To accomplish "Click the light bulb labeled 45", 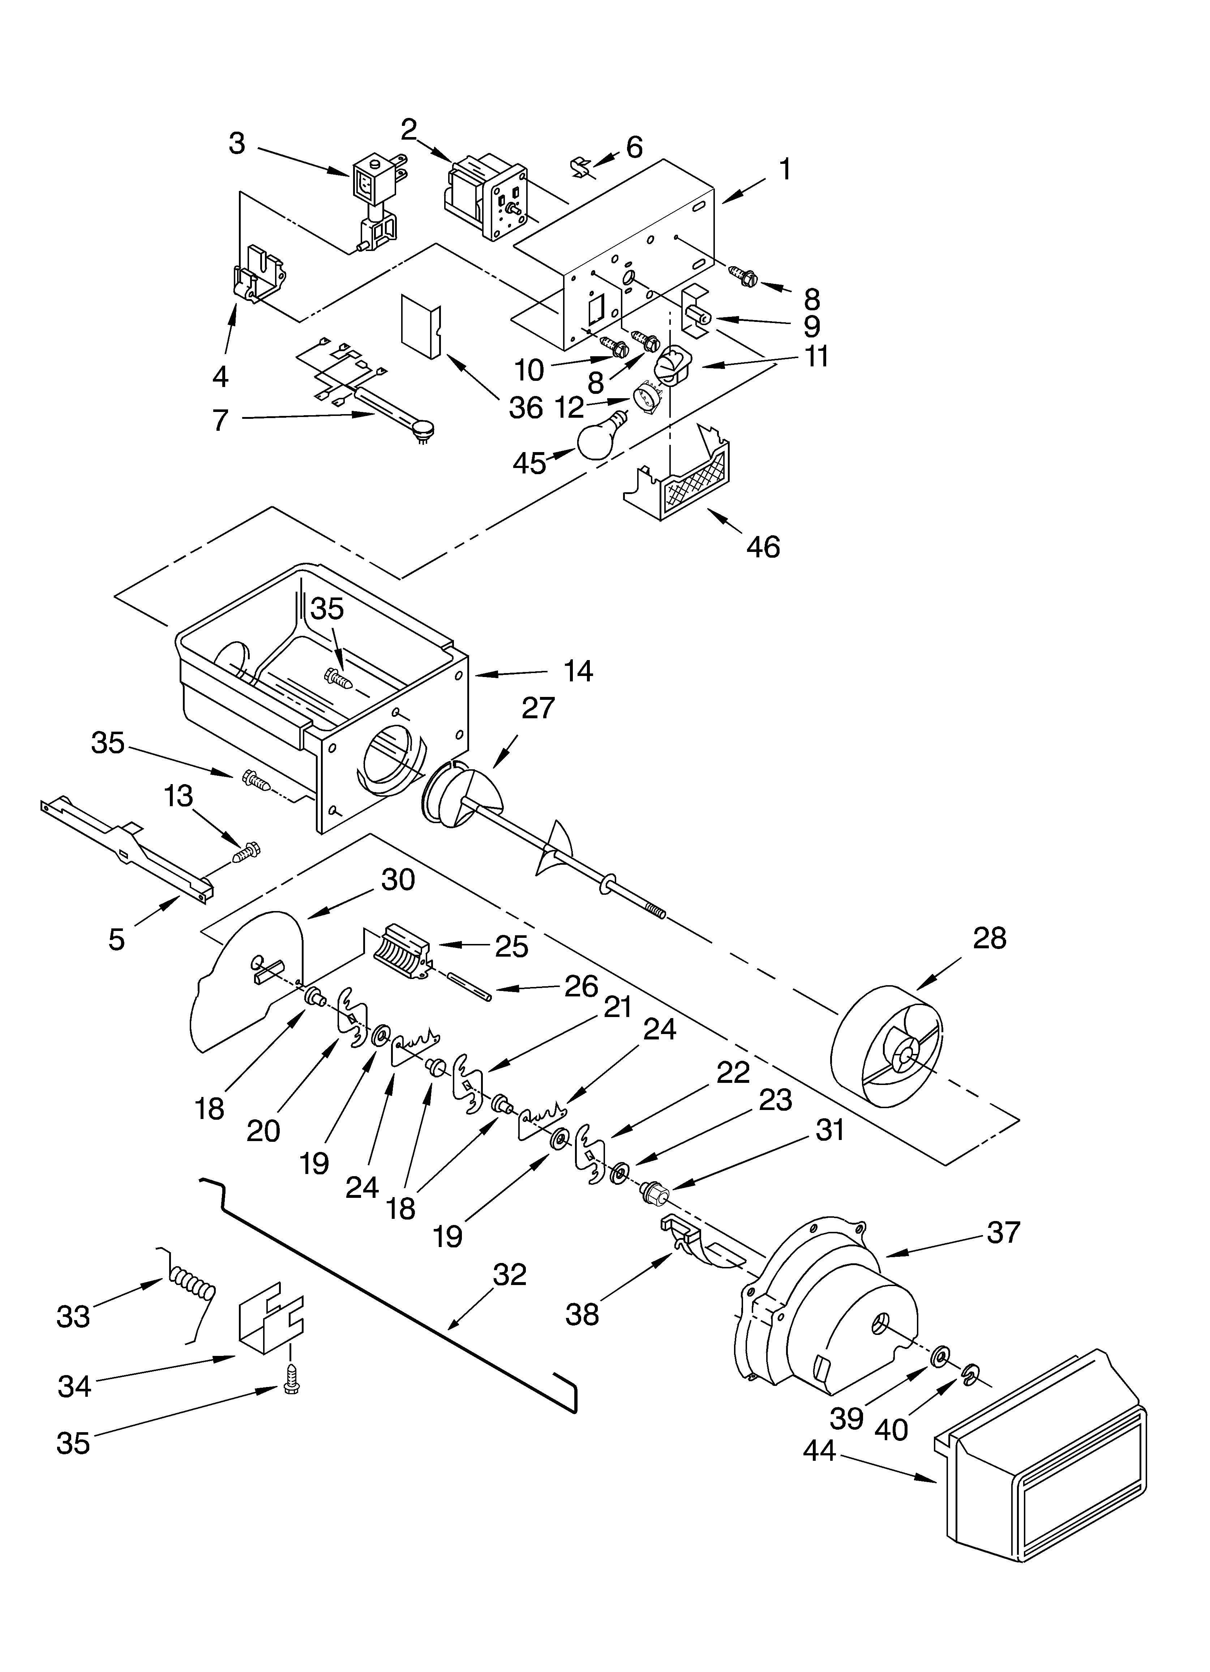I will (x=601, y=438).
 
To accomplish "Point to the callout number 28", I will (x=989, y=939).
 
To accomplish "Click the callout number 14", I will (x=579, y=671).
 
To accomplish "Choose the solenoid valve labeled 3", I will (x=376, y=199).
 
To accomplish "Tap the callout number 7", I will (x=220, y=420).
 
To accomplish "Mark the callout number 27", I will (x=538, y=708).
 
